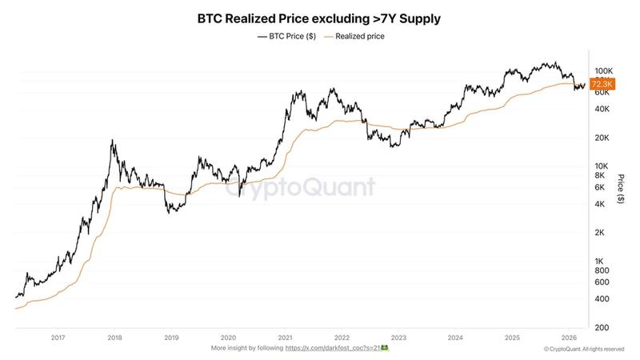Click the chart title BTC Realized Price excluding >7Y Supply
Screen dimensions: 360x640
point(319,17)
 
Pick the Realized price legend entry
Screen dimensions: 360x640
point(354,36)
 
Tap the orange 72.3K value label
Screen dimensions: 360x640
point(602,84)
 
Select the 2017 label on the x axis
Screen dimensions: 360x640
point(58,338)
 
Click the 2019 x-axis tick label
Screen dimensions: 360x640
point(171,338)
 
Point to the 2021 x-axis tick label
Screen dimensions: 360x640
point(285,338)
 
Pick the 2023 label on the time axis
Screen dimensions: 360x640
point(398,338)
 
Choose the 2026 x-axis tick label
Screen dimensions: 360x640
point(569,338)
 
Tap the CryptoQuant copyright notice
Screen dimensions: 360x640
point(583,349)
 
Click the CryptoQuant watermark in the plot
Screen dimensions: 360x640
point(300,187)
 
